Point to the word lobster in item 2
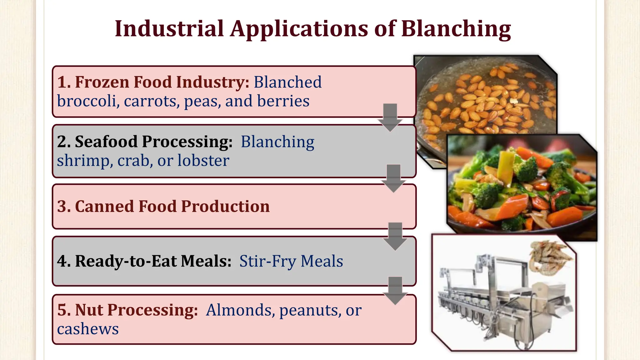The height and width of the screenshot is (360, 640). click(x=203, y=161)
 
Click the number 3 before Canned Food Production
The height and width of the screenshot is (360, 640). click(x=62, y=207)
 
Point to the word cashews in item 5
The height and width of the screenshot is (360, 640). click(x=88, y=329)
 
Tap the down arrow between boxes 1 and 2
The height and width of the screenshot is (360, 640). click(x=390, y=118)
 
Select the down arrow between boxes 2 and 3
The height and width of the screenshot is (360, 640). click(x=393, y=178)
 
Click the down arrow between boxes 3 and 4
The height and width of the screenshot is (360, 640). click(x=395, y=237)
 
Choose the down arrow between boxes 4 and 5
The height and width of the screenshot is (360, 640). click(x=395, y=291)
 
